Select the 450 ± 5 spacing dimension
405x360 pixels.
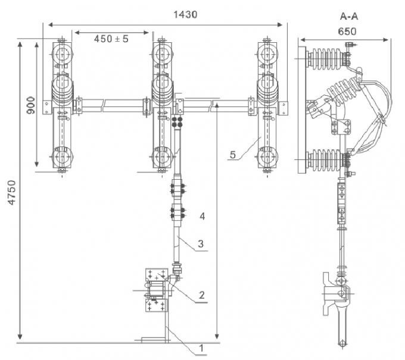point(111,39)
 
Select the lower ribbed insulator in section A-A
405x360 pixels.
point(328,159)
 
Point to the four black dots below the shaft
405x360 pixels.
point(176,122)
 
